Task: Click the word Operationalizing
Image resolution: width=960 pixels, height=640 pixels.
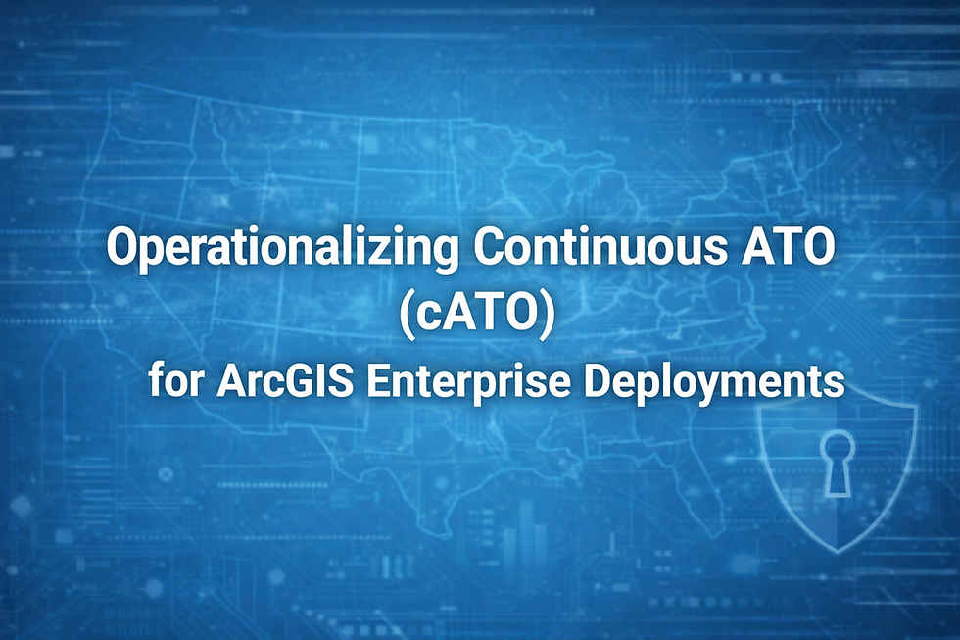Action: tap(282, 248)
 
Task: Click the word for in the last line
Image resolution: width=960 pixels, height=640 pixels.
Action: tap(173, 380)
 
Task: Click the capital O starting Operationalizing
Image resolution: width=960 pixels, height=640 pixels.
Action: tap(120, 248)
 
